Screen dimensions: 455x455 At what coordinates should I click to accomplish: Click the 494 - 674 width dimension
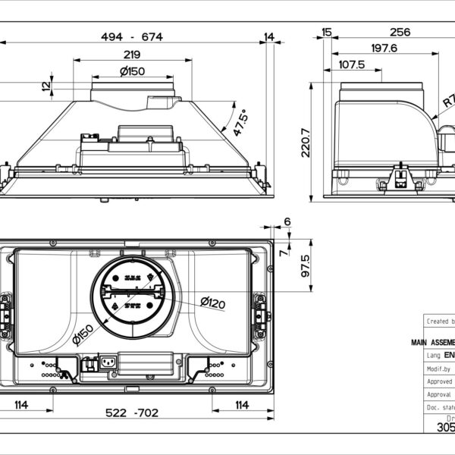[x=133, y=37]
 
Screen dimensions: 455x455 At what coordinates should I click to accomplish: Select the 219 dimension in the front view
[x=132, y=55]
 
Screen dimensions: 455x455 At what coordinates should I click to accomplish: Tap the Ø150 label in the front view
[x=133, y=71]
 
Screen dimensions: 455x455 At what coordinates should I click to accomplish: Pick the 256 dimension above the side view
[x=399, y=32]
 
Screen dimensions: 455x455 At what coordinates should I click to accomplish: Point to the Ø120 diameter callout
[x=213, y=303]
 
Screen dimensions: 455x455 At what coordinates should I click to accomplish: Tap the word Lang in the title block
[x=434, y=354]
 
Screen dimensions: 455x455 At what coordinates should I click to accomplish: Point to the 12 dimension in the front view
[x=47, y=86]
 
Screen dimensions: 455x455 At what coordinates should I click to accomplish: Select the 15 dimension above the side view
[x=327, y=32]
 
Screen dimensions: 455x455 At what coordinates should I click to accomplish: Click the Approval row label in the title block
[x=439, y=394]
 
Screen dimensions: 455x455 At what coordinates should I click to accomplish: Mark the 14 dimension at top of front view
[x=270, y=37]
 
